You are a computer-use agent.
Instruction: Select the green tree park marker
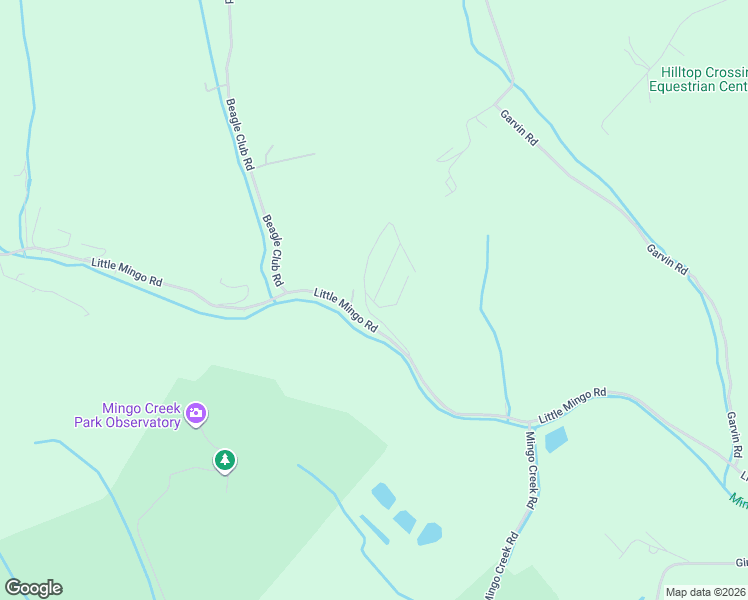click(x=225, y=460)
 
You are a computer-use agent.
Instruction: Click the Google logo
click(x=33, y=588)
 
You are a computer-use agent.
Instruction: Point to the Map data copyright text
click(x=706, y=592)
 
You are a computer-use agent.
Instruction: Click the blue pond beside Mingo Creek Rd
click(x=556, y=439)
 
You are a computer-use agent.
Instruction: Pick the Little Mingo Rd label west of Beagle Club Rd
click(x=126, y=273)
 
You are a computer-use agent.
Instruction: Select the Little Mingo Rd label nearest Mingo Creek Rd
click(x=573, y=403)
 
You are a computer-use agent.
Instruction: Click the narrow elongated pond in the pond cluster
click(x=374, y=530)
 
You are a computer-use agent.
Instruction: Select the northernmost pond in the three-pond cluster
click(x=382, y=495)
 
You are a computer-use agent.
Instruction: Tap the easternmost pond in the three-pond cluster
click(x=429, y=533)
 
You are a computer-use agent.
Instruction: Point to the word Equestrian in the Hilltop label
click(x=682, y=86)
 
